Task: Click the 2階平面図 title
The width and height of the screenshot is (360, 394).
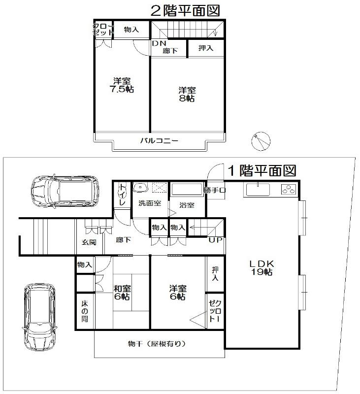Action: pos(185,10)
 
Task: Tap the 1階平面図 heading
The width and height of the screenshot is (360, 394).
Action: pos(262,171)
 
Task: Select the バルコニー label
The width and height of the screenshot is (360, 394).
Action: pos(159,141)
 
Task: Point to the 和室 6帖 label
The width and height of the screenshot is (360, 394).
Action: pos(122,292)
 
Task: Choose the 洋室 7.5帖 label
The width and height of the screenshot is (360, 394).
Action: pos(122,85)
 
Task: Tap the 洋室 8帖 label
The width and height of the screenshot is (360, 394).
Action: pos(187,94)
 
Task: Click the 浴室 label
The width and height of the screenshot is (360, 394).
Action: pos(187,205)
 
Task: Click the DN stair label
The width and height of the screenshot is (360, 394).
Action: pos(158,43)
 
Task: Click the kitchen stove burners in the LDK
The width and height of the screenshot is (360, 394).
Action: pos(287,189)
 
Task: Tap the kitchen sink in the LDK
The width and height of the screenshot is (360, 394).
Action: pos(257,189)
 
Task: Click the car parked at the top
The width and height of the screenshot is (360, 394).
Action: pos(64,190)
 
